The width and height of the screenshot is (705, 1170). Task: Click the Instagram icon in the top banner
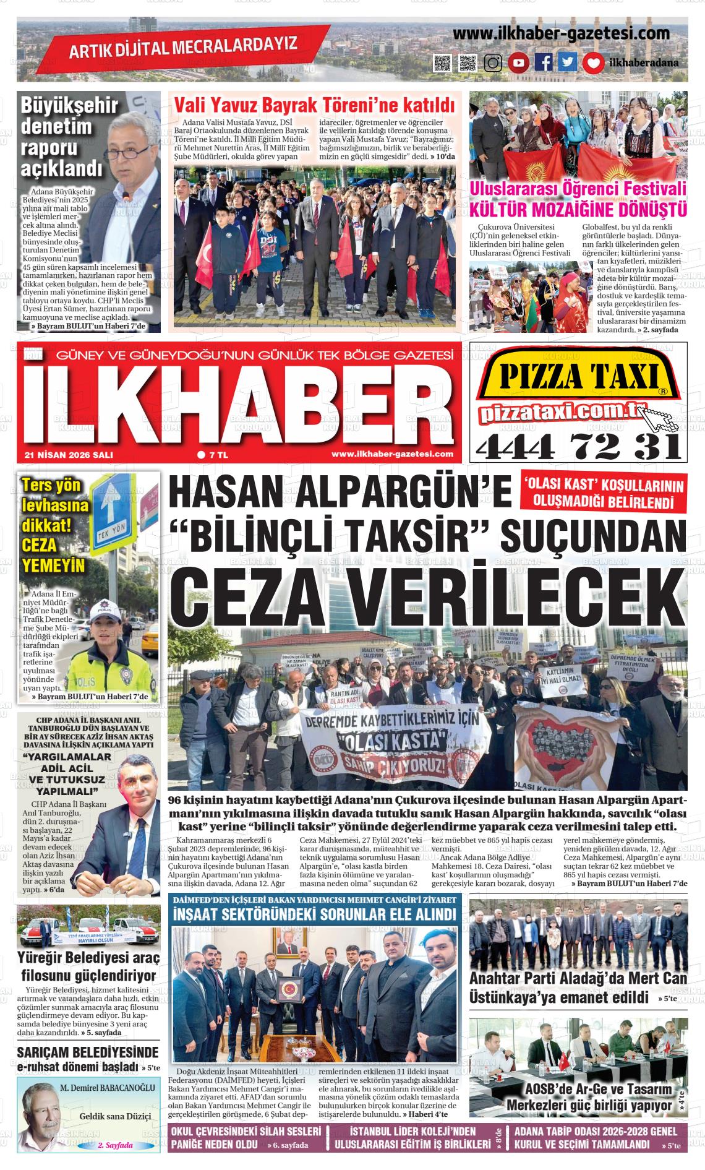[x=493, y=62]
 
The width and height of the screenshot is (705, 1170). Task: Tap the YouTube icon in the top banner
[x=518, y=62]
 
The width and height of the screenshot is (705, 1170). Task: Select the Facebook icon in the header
[x=543, y=62]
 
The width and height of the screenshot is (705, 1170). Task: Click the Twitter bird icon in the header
[x=568, y=62]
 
